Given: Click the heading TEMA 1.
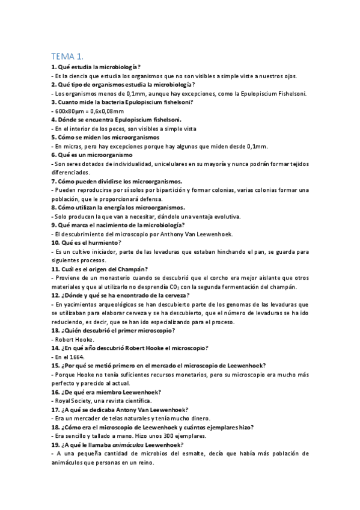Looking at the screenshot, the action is tap(67, 55).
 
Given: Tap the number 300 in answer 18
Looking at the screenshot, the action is tap(156, 436).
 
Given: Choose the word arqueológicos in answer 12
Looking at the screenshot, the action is tap(106, 304).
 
